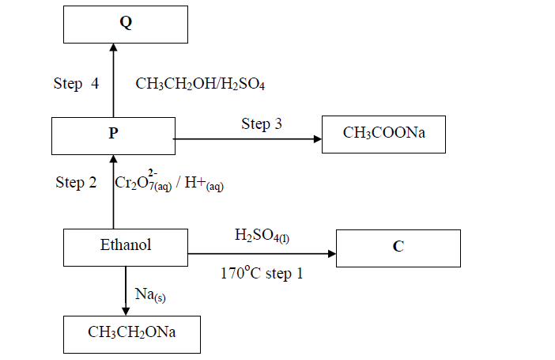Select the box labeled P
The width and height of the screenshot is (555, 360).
coord(112,135)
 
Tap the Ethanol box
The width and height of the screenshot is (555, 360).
coord(126,246)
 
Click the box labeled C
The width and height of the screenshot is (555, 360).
coord(398,248)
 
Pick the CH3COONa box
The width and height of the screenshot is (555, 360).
coord(384,134)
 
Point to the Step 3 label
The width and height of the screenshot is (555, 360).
coord(262,123)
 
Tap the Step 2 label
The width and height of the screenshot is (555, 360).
coord(77,183)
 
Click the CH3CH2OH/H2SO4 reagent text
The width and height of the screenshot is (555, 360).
coord(199,83)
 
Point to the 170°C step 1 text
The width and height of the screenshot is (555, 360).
coord(262,275)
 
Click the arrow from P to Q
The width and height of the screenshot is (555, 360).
coord(112,79)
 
